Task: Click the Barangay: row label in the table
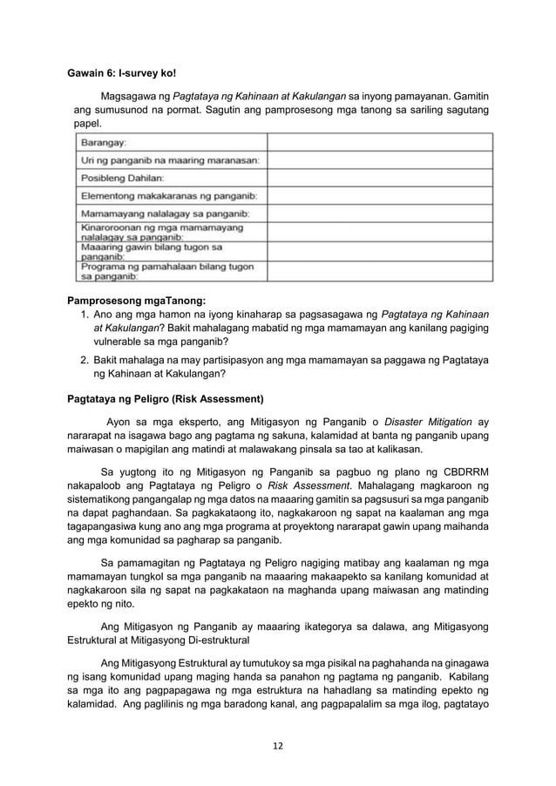104,141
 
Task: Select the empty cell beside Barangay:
379,141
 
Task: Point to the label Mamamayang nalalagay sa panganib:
166,213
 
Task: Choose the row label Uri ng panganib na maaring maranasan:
174,159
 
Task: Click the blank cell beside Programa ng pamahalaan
379,272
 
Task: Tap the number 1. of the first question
85,315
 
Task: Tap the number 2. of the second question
85,359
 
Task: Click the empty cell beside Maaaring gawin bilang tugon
379,252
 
